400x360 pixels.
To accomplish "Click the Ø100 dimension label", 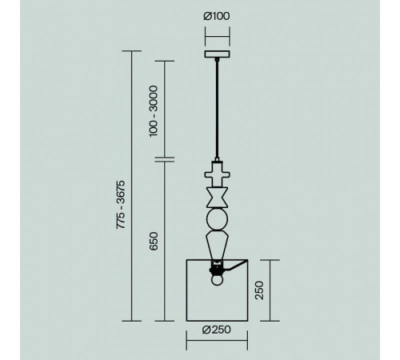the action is (x=216, y=16).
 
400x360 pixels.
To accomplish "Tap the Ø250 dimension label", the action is (x=217, y=330).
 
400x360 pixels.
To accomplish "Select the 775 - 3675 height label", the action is (x=121, y=205).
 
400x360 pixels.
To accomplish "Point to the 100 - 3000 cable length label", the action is (x=154, y=111).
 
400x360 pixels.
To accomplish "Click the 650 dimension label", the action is (x=154, y=242).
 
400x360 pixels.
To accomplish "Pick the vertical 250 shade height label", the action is (x=259, y=290).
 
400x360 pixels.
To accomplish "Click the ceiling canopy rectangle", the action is (x=218, y=54).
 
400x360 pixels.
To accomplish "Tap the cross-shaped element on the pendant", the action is (x=218, y=174).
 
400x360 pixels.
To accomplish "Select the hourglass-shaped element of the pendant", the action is (x=218, y=198).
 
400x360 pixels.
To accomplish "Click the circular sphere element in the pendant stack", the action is (x=218, y=219).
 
